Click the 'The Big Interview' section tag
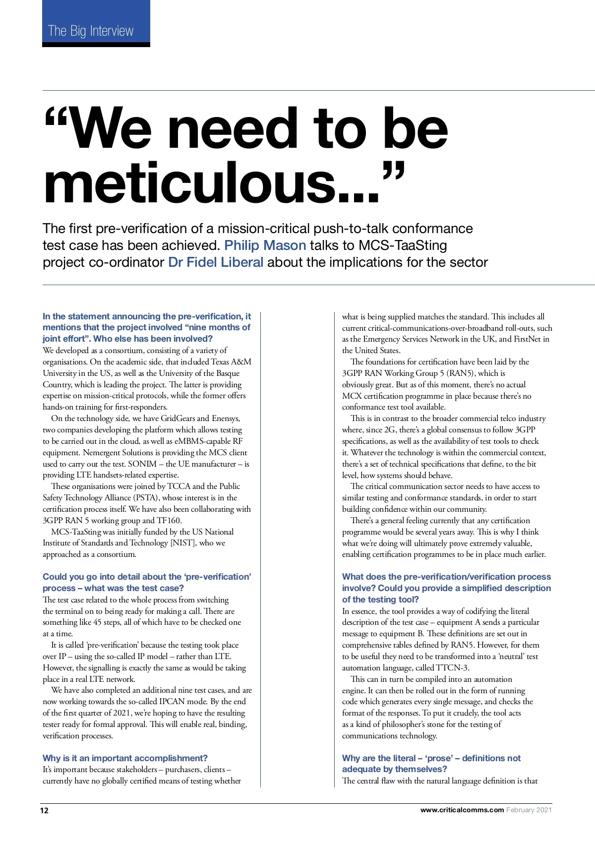pos(91,31)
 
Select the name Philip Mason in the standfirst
pos(265,245)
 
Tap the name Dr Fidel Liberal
pos(216,262)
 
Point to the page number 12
pos(45,810)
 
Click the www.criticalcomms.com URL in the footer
pos(462,810)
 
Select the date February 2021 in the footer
pos(529,810)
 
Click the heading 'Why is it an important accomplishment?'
pos(125,758)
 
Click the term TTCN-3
pos(453,667)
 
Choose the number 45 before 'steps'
pos(98,622)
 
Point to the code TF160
pos(169,520)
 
